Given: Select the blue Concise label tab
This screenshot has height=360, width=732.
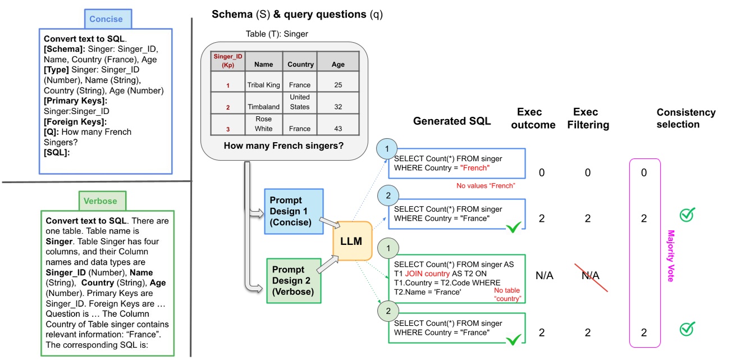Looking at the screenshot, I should point(106,19).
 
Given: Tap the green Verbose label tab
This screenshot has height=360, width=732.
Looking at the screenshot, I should point(102,200).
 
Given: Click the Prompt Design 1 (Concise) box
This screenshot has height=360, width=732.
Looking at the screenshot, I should point(294,211).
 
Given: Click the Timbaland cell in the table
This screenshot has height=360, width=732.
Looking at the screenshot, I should point(263,107).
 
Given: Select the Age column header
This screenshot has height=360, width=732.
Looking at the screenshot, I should point(338,64).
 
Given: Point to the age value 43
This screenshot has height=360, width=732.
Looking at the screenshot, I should point(338,129).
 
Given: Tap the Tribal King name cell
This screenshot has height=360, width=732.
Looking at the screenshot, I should point(263,85).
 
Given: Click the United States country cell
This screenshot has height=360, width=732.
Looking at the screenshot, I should point(300,102).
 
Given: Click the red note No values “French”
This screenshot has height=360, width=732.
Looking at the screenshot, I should point(486,185).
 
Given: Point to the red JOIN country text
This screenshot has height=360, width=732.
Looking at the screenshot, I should point(429,274).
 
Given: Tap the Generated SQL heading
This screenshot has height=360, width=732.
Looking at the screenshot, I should point(451,121).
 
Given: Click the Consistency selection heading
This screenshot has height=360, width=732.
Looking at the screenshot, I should point(685,117).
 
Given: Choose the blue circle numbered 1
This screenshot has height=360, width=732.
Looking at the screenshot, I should point(387,149).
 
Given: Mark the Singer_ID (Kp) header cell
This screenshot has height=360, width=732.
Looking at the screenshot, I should point(227,61).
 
